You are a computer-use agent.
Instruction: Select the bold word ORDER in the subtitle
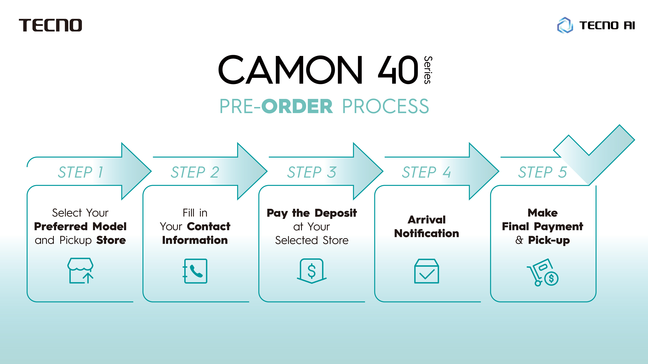(297, 106)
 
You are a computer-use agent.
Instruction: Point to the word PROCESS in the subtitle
(385, 106)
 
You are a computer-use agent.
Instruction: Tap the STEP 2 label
(195, 172)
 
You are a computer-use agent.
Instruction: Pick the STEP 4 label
(426, 172)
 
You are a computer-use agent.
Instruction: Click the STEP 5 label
(543, 172)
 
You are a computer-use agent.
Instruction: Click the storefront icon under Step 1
(80, 270)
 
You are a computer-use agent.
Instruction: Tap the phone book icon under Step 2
(195, 271)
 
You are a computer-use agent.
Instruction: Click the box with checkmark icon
(426, 271)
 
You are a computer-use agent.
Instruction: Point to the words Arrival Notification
(426, 227)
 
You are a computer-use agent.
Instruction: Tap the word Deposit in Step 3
(336, 213)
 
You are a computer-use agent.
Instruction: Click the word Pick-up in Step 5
(549, 240)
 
